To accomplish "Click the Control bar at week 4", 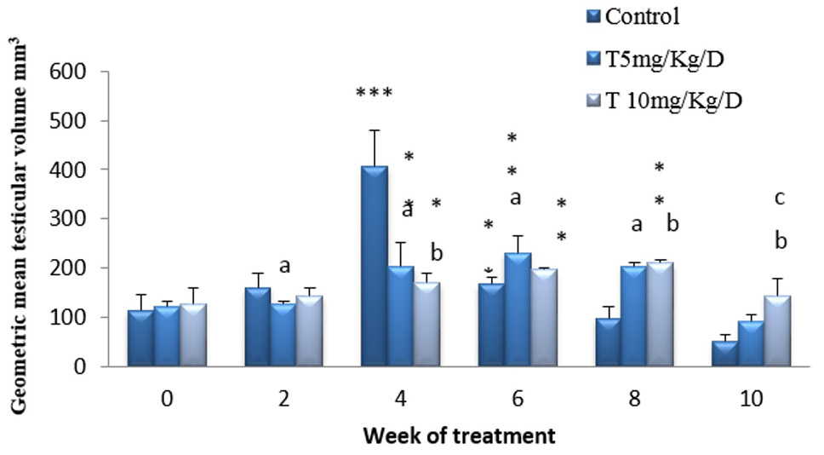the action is click(x=375, y=266).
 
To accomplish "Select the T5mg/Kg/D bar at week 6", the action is click(x=518, y=309).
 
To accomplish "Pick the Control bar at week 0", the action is click(x=140, y=338).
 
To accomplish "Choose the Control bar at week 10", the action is click(x=724, y=354).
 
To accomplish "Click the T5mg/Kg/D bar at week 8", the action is click(x=634, y=316).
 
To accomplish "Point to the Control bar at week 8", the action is click(x=608, y=342).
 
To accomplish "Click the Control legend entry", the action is click(x=633, y=16).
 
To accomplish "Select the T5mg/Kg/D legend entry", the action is click(x=655, y=59).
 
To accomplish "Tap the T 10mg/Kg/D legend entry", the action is click(x=664, y=100).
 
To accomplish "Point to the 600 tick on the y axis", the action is click(x=67, y=71).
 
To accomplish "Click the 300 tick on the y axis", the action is click(x=67, y=218).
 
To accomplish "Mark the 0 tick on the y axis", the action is click(x=79, y=366).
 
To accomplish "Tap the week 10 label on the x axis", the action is click(x=752, y=399).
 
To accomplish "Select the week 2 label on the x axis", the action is click(x=283, y=399).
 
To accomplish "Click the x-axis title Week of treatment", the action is click(x=460, y=435).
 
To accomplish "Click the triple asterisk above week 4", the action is click(x=375, y=94).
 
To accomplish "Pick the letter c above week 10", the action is click(x=780, y=199).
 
